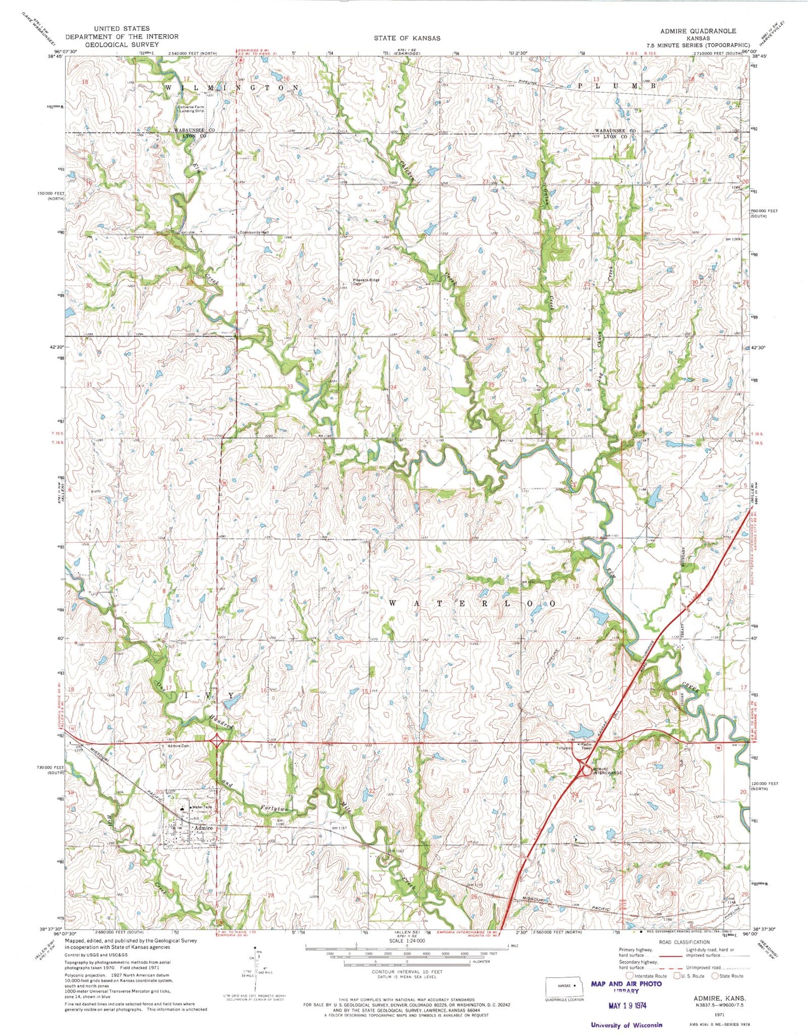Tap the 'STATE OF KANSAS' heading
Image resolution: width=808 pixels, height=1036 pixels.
(x=407, y=38)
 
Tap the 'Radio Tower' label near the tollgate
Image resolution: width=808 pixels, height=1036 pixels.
(x=585, y=746)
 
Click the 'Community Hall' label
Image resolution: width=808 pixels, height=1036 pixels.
(x=254, y=232)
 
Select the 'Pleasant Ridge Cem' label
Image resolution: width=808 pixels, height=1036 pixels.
(x=366, y=282)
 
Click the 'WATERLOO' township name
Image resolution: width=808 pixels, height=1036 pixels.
(x=472, y=604)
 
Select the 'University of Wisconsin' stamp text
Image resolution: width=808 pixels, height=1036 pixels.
(x=626, y=1024)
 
